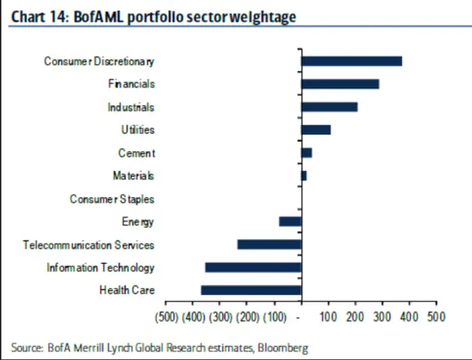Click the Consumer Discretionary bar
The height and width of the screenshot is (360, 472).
click(x=351, y=61)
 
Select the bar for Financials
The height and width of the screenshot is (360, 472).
click(x=340, y=84)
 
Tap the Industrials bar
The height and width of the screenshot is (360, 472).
click(x=329, y=107)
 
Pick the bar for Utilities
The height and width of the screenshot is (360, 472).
click(x=316, y=130)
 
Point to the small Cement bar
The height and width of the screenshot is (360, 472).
click(x=306, y=153)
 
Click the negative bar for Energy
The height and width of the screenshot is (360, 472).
click(x=290, y=221)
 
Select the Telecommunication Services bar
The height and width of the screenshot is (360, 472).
click(x=269, y=244)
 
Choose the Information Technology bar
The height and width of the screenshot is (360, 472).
click(x=253, y=267)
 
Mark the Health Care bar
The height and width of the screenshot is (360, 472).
click(x=251, y=290)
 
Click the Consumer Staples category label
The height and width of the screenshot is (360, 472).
click(x=112, y=199)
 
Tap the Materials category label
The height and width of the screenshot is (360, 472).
click(x=134, y=176)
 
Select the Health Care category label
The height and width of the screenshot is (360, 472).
click(x=127, y=290)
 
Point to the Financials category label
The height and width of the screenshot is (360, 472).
click(x=131, y=84)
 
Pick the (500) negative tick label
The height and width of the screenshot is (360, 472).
click(x=167, y=316)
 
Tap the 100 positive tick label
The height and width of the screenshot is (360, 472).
click(x=328, y=316)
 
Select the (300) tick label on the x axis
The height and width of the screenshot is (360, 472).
click(x=220, y=316)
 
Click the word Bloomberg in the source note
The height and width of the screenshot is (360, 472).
click(x=283, y=348)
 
